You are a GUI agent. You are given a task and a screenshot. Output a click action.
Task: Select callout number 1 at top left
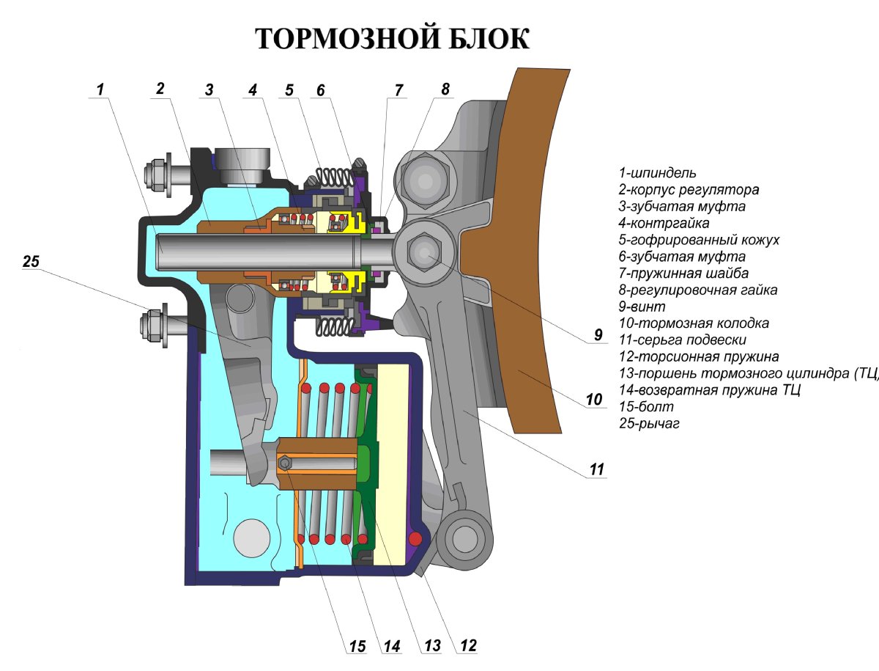click(100, 89)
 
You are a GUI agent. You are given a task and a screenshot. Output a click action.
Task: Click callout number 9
click(598, 335)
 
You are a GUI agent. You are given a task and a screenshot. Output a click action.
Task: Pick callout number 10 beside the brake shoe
click(594, 400)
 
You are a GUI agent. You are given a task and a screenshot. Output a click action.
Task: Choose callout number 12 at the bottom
click(468, 645)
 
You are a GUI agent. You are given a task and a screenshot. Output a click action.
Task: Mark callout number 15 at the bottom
click(357, 646)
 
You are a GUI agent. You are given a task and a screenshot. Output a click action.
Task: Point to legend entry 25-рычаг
click(649, 423)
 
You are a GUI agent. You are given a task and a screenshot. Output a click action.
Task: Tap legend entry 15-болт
click(645, 406)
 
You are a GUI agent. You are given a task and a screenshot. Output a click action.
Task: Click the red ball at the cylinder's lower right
click(416, 539)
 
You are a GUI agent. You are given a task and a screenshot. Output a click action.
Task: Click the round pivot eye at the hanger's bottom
click(464, 539)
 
